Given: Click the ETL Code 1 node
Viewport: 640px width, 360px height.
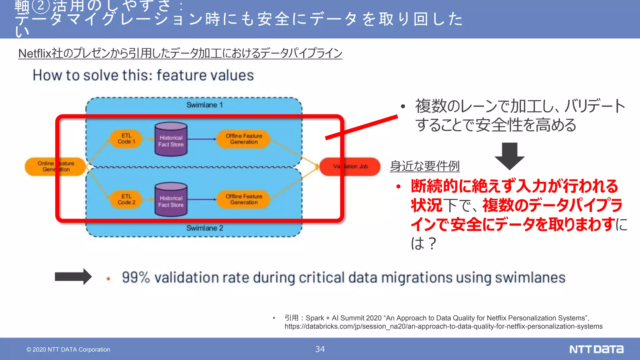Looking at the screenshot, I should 126,139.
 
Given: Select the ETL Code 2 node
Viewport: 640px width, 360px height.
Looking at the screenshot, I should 126,199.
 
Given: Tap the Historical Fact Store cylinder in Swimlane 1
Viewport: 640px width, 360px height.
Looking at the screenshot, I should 171,140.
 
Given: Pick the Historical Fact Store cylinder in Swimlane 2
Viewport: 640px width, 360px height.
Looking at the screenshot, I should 171,200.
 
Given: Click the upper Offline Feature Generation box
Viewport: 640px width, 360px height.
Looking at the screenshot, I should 244,139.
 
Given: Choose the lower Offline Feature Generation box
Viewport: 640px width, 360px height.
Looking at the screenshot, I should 244,199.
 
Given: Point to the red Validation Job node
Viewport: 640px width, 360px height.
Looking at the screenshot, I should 350,167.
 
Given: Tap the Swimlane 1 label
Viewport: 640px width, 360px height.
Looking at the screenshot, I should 204,105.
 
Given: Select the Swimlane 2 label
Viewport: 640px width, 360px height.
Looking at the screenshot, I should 205,228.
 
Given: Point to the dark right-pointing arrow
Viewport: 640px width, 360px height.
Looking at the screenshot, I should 73,277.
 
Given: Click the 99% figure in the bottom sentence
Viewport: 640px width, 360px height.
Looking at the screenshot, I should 136,277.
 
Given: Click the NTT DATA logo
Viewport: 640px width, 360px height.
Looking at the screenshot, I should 596,349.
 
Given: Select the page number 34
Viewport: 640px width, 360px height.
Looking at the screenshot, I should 320,349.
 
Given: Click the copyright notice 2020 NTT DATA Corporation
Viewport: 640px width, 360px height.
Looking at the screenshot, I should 68,349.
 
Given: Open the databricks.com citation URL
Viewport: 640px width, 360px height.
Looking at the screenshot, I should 443,326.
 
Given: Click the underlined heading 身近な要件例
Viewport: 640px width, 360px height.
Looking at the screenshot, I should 425,166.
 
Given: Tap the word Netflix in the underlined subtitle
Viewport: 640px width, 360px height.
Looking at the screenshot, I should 34,53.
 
